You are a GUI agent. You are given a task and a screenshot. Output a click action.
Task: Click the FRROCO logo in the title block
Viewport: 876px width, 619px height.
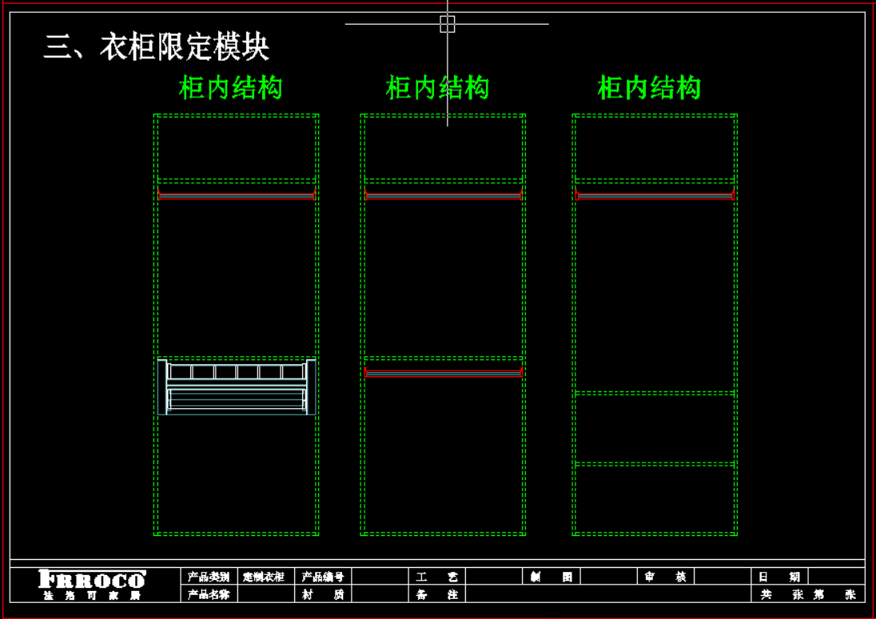point(92,579)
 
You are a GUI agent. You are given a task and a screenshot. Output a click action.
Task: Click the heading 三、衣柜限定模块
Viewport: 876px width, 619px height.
point(157,47)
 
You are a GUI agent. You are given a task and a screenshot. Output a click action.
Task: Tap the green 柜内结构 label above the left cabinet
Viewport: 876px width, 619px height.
point(230,88)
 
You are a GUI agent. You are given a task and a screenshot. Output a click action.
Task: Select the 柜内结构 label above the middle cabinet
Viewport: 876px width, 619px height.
point(437,88)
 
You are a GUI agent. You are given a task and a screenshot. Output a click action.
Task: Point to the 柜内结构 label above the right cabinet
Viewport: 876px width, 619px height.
point(649,88)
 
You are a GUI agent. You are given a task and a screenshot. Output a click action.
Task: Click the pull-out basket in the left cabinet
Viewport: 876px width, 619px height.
point(237,387)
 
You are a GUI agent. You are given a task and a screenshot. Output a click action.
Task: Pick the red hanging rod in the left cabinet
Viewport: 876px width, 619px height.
point(237,195)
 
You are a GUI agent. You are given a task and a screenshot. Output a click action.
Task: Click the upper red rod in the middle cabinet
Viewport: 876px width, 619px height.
point(444,195)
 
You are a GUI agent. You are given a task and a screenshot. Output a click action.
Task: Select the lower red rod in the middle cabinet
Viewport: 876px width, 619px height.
point(444,371)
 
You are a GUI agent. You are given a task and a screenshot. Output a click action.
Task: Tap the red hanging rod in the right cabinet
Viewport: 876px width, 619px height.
point(655,195)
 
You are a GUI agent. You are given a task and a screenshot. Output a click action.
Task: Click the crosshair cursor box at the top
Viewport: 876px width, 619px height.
point(448,24)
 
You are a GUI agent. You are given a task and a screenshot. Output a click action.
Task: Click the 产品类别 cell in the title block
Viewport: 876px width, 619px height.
point(209,577)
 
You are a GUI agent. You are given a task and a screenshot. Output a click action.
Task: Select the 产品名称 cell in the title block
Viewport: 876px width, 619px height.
point(209,594)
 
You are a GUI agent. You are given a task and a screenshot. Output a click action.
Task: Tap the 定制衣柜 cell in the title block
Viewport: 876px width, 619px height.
point(264,577)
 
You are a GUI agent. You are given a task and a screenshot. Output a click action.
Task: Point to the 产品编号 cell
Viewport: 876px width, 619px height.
point(323,577)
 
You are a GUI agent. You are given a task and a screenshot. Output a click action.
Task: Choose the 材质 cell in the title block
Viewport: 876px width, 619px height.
point(323,594)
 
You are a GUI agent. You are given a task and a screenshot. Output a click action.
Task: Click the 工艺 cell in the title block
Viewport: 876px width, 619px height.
point(437,577)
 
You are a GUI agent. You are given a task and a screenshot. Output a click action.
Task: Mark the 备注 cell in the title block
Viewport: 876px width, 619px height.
point(437,594)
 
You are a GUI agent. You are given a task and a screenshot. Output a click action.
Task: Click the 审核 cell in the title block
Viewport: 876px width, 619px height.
point(665,577)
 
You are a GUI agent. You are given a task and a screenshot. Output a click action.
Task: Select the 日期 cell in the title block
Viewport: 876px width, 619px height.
point(779,577)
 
